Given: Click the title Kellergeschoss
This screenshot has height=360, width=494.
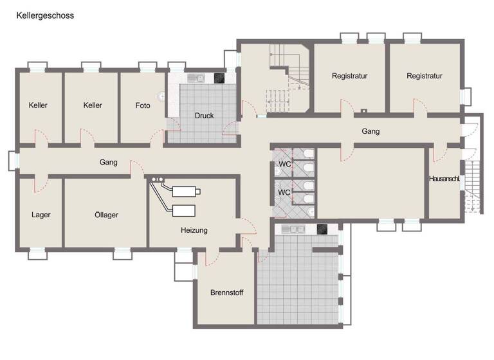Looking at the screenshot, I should (x=44, y=15).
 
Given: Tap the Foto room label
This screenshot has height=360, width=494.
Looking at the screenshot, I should (x=143, y=105).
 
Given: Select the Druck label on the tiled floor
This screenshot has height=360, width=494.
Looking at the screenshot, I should (x=204, y=116).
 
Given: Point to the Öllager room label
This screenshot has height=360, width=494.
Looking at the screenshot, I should (x=105, y=215).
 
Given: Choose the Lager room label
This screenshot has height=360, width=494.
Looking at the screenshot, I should (x=41, y=215).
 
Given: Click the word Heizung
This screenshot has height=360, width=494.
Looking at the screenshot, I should (x=194, y=230).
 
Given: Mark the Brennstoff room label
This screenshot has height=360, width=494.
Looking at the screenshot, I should (x=226, y=292).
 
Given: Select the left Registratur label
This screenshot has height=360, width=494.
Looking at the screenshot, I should (x=349, y=76).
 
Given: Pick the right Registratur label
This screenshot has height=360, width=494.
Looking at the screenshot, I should (x=424, y=76).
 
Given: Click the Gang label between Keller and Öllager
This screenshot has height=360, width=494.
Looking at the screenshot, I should (x=108, y=163).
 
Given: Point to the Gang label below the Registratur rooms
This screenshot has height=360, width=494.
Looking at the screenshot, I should (x=370, y=131).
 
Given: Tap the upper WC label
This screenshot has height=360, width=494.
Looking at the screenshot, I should (x=284, y=165).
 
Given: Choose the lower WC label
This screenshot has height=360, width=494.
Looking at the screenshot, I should (x=284, y=192).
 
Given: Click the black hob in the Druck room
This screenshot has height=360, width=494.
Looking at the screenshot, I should (x=220, y=78).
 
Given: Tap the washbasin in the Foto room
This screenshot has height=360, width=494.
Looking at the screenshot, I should (x=161, y=96).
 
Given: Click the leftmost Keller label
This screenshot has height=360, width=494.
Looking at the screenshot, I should (x=38, y=105).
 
